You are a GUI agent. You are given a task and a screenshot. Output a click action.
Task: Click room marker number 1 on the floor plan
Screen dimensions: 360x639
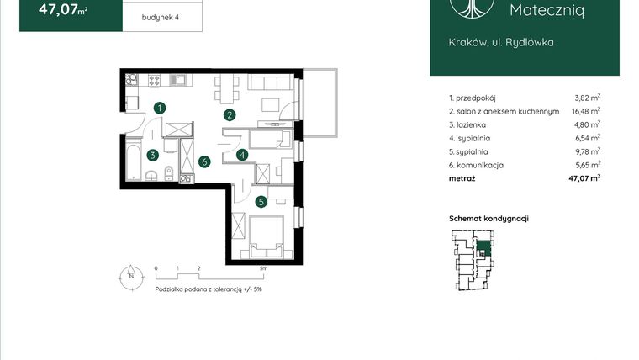[x=160, y=107]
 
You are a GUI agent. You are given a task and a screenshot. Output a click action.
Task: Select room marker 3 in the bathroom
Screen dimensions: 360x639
[x=152, y=155]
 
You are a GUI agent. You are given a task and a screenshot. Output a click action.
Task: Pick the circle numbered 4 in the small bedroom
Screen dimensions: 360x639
[x=241, y=155]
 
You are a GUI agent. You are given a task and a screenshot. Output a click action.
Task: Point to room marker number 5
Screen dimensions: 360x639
[x=261, y=201]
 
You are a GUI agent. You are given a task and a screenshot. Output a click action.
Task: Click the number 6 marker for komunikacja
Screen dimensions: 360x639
[x=203, y=161]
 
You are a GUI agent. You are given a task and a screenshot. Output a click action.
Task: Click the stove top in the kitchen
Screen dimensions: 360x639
[x=156, y=81]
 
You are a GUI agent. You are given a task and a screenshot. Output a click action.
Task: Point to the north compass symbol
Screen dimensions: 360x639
[x=131, y=275]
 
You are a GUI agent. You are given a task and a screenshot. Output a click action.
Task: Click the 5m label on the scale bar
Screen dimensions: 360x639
[x=263, y=268]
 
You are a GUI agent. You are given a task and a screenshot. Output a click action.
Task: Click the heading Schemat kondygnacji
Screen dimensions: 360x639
[x=488, y=219]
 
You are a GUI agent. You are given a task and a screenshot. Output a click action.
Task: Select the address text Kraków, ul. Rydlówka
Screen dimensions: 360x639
[x=490, y=41]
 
